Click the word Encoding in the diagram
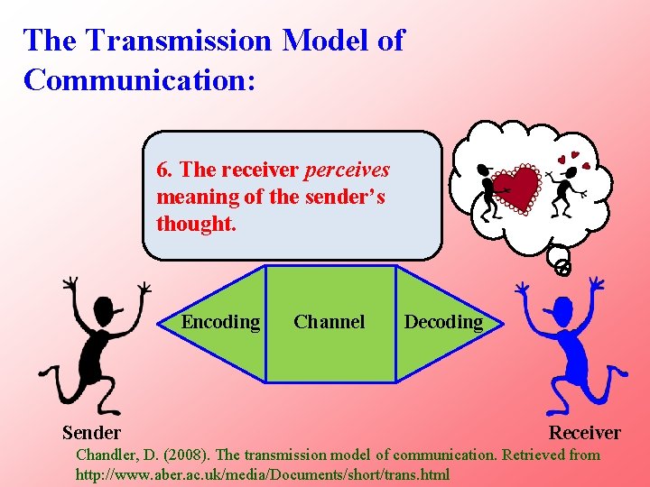click(x=220, y=322)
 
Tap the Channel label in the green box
click(x=330, y=322)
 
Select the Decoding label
click(x=443, y=322)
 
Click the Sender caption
click(x=91, y=433)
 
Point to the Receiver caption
click(x=585, y=433)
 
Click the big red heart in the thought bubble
click(x=515, y=188)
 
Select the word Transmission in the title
click(x=187, y=41)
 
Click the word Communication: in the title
click(x=140, y=79)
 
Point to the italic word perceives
click(x=348, y=170)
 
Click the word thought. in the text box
click(x=196, y=224)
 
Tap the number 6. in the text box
click(x=165, y=170)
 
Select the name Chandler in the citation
click(x=107, y=455)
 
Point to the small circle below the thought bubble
click(x=562, y=267)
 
